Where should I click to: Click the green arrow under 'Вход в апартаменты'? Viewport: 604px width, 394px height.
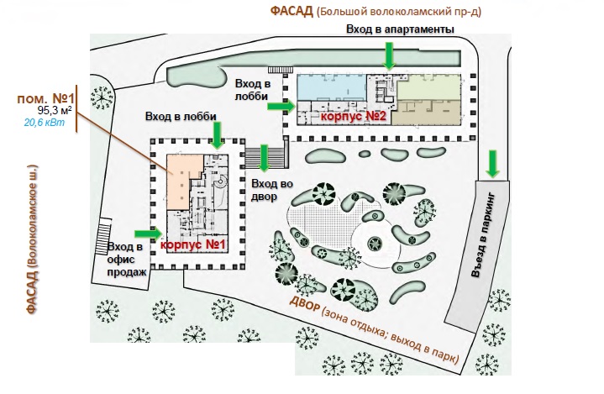390,56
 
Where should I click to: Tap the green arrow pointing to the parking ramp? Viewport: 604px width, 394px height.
492,164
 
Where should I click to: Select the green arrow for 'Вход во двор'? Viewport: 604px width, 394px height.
264,158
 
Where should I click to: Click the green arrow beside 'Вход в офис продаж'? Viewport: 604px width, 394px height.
149,234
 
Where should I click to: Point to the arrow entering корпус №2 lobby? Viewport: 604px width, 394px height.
281,106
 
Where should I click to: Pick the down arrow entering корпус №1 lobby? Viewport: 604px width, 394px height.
218,135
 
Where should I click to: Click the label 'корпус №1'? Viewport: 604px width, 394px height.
192,244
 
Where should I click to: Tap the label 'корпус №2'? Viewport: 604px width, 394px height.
353,116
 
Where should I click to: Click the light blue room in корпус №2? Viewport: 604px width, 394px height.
332,87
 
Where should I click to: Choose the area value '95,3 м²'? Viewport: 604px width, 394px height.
55,111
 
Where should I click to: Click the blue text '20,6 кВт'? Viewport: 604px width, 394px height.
45,123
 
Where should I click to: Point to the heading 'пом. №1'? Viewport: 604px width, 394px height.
45,98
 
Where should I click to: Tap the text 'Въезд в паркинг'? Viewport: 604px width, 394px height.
483,234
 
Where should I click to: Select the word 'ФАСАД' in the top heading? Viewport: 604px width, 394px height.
291,11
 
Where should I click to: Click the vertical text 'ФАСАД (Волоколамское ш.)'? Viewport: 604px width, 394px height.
33,239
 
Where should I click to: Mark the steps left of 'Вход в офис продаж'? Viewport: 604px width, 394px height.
102,236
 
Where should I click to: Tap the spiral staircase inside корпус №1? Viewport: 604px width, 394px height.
222,181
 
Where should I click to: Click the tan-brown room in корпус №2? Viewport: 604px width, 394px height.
426,113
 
